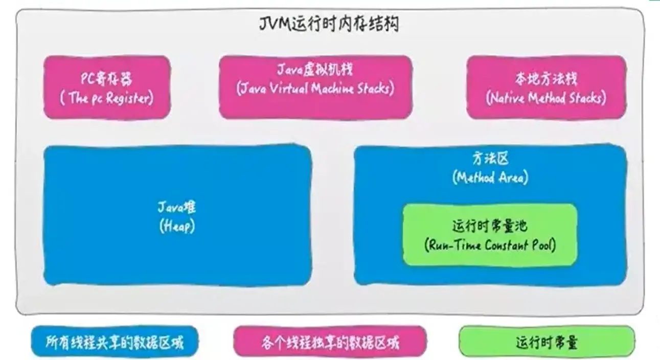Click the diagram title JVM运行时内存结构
pyautogui.click(x=329, y=24)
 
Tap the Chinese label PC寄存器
pyautogui.click(x=107, y=79)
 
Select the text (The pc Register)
pyautogui.click(x=107, y=98)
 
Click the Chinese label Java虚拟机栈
pyautogui.click(x=315, y=70)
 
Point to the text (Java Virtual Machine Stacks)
pyautogui.click(x=315, y=88)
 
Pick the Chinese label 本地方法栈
pyautogui.click(x=546, y=79)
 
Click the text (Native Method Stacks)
pyautogui.click(x=546, y=98)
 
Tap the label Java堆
pyautogui.click(x=177, y=208)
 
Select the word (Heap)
pyautogui.click(x=177, y=226)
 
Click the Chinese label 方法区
pyautogui.click(x=490, y=159)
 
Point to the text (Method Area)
pyautogui.click(x=490, y=177)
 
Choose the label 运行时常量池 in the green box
pyautogui.click(x=490, y=226)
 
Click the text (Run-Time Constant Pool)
pyautogui.click(x=490, y=245)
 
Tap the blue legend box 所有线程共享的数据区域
pyautogui.click(x=115, y=342)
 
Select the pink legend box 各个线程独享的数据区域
pyautogui.click(x=330, y=342)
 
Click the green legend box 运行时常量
pyautogui.click(x=547, y=342)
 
